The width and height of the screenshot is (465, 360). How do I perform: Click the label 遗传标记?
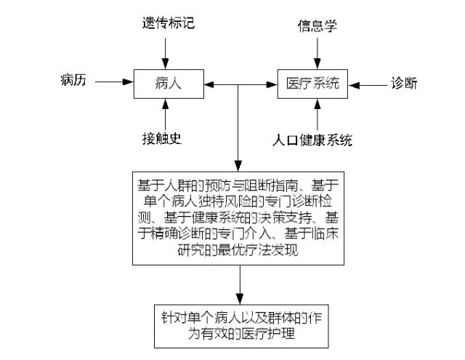click(x=168, y=23)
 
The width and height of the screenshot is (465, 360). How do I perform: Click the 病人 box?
click(x=168, y=83)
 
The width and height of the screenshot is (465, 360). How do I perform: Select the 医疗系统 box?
click(x=314, y=83)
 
